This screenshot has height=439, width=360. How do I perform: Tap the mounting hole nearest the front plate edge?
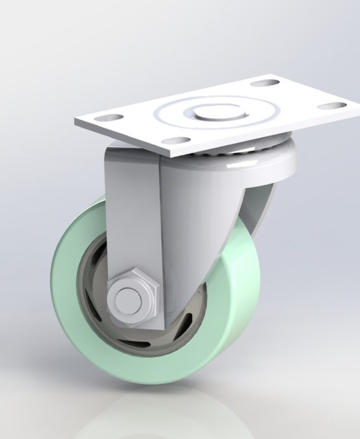(x=178, y=140)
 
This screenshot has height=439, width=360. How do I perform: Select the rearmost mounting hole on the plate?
(x=262, y=84)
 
